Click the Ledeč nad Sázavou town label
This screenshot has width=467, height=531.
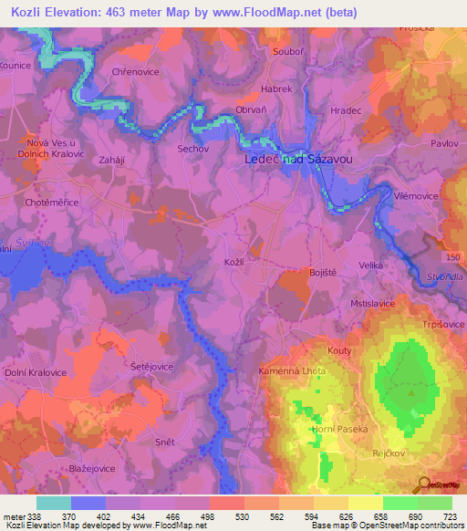(298, 159)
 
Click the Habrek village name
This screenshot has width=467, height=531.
(276, 89)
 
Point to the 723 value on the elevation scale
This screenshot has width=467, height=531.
(451, 517)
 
